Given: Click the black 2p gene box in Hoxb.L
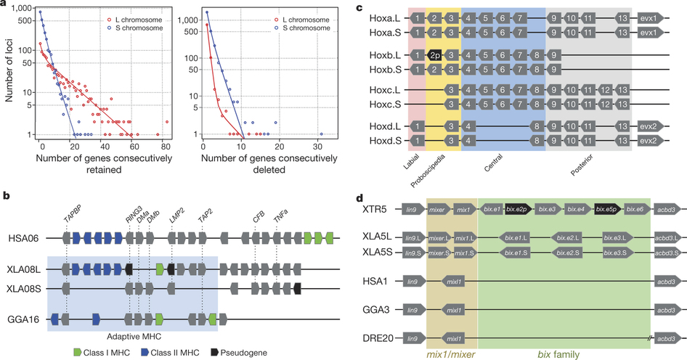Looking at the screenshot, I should (434, 54).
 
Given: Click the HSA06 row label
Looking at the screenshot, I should (21, 237).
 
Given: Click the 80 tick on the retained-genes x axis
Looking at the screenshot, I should (166, 145).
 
